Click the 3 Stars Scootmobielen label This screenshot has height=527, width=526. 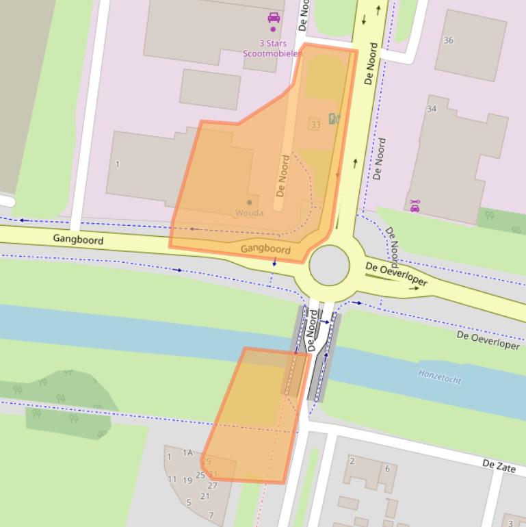[272, 47]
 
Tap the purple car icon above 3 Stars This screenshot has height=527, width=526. [274, 18]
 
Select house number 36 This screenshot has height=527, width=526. [449, 40]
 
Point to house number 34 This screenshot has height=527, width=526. [432, 109]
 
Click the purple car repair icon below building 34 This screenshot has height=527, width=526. [415, 205]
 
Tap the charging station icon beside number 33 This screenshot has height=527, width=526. [333, 118]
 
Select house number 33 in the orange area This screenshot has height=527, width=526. [315, 125]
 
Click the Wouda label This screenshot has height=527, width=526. [249, 213]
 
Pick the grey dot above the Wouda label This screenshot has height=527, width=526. [249, 202]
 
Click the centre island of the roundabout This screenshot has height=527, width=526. [329, 266]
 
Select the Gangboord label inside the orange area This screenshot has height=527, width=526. [265, 249]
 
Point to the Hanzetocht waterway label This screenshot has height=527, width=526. [439, 376]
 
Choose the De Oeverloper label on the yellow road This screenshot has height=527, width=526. [396, 274]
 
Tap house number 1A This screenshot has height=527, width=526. [187, 452]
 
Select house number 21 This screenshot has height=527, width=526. [205, 496]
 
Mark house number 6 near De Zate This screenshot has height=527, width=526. [387, 469]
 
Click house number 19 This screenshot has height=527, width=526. [187, 480]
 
